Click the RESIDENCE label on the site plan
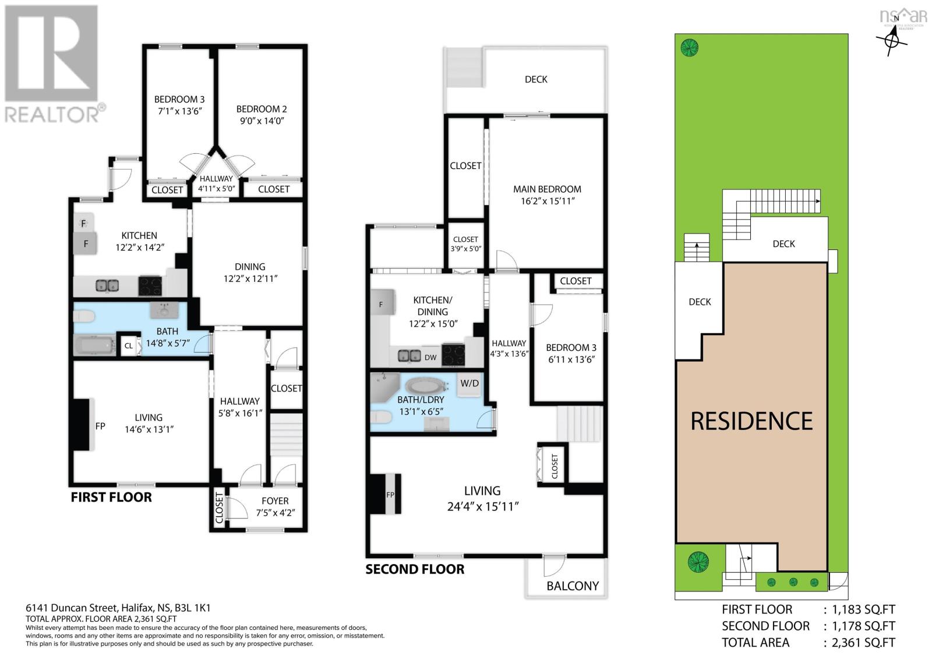pos(751,421)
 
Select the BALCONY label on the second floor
pos(573,586)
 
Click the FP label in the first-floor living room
pos(100,426)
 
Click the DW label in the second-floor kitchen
pos(430,358)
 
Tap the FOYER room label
pos(275,501)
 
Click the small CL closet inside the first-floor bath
pos(129,346)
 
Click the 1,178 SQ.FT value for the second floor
pos(859,626)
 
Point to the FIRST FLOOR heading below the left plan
pos(111,497)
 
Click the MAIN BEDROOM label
pos(547,189)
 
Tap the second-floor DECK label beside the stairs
pos(535,79)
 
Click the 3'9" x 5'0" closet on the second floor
pos(465,244)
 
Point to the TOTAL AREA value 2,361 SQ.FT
pos(859,643)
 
